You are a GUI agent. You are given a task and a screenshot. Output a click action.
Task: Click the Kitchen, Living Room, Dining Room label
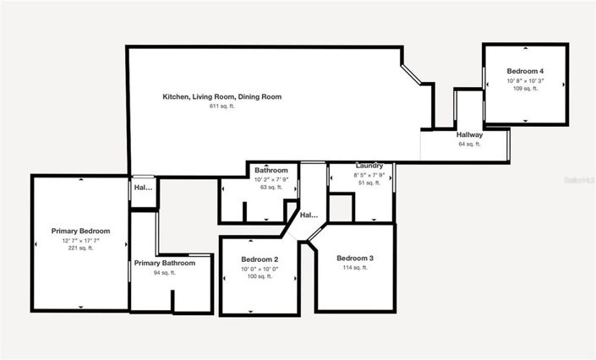[221, 97]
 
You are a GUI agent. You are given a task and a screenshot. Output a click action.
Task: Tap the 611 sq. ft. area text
[221, 106]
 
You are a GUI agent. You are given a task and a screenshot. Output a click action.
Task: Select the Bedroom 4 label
[525, 71]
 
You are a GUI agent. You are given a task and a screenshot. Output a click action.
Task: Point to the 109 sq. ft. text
[525, 89]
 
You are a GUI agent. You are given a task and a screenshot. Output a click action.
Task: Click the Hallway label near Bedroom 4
[469, 135]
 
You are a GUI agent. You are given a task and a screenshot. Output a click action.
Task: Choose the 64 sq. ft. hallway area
[469, 145]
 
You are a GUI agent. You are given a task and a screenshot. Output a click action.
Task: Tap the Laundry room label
[369, 166]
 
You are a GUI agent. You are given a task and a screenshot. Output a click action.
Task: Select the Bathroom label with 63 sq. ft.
[271, 171]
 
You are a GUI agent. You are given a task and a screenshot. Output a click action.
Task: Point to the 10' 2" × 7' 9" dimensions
[271, 179]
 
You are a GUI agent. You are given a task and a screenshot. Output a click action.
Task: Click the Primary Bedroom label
[81, 232]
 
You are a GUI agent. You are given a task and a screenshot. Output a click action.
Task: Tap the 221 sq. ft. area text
[81, 248]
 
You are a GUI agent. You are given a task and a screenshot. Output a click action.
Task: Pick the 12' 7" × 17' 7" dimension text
[81, 241]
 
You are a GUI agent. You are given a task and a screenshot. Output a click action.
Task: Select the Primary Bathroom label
[165, 264]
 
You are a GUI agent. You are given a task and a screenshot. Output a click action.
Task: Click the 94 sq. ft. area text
[165, 273]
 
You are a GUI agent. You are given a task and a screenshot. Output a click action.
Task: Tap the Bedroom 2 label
[260, 259]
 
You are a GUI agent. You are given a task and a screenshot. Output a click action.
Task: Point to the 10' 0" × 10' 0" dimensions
[260, 269]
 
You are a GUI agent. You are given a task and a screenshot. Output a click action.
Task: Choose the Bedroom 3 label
[355, 259]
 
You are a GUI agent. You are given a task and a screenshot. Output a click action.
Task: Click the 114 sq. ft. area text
[355, 268]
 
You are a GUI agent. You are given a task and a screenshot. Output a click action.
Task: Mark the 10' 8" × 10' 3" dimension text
[525, 80]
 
